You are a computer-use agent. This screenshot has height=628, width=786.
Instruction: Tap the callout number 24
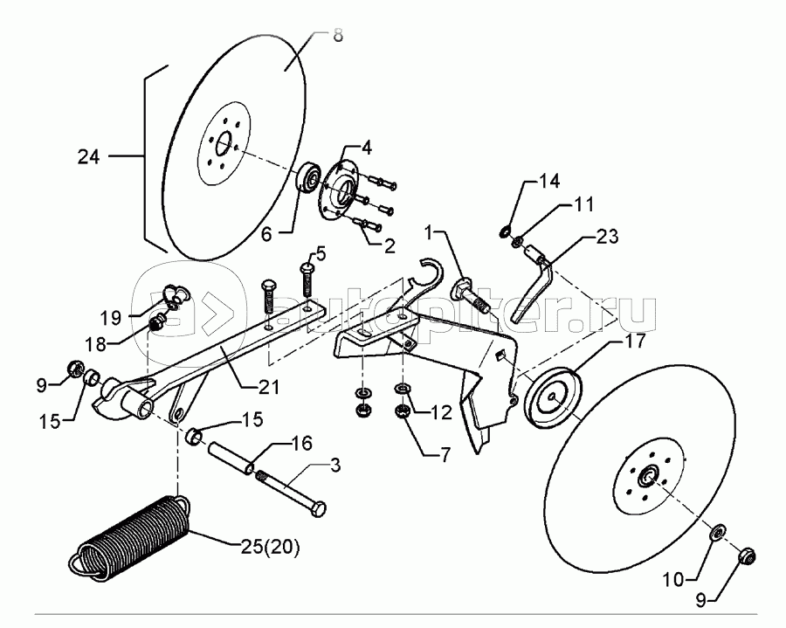click(x=89, y=157)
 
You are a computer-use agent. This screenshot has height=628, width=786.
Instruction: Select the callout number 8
click(x=337, y=36)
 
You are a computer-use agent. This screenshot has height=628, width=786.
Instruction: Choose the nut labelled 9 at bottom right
click(x=748, y=556)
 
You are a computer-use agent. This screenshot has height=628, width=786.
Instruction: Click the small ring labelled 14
click(x=505, y=232)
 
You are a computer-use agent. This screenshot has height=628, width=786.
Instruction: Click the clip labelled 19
click(x=176, y=295)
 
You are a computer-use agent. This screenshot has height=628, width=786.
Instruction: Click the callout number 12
click(x=441, y=412)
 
